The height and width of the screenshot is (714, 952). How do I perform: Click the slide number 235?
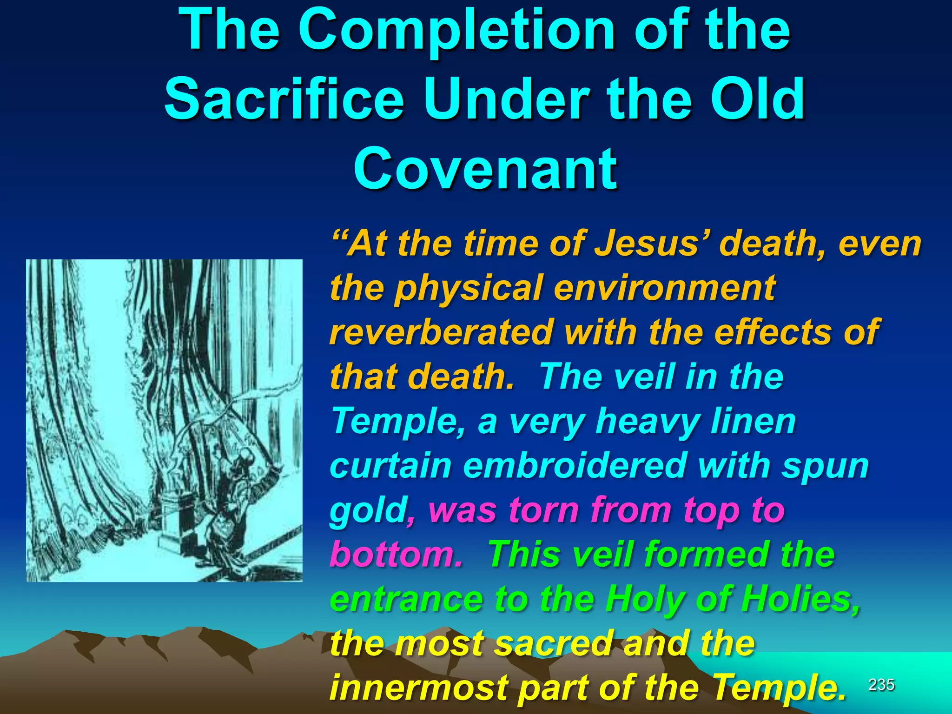click(x=881, y=685)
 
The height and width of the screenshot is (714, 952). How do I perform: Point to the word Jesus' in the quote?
click(x=653, y=244)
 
